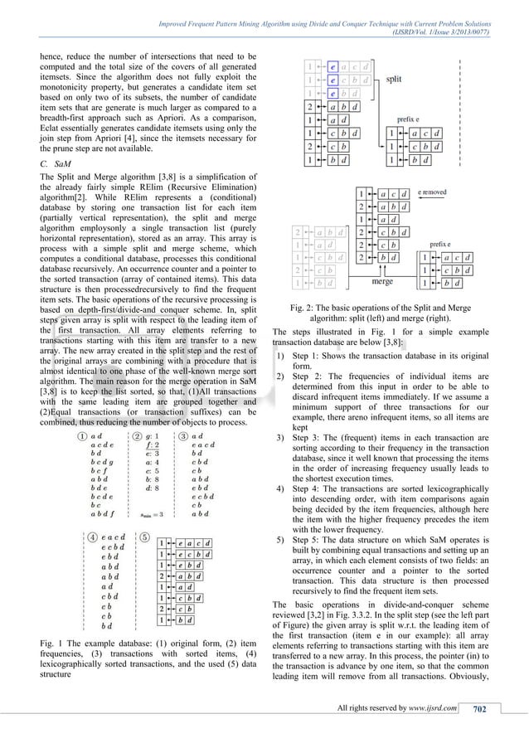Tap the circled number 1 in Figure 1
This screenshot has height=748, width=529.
[x=82, y=435]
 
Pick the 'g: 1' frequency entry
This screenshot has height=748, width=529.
[x=154, y=435]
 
